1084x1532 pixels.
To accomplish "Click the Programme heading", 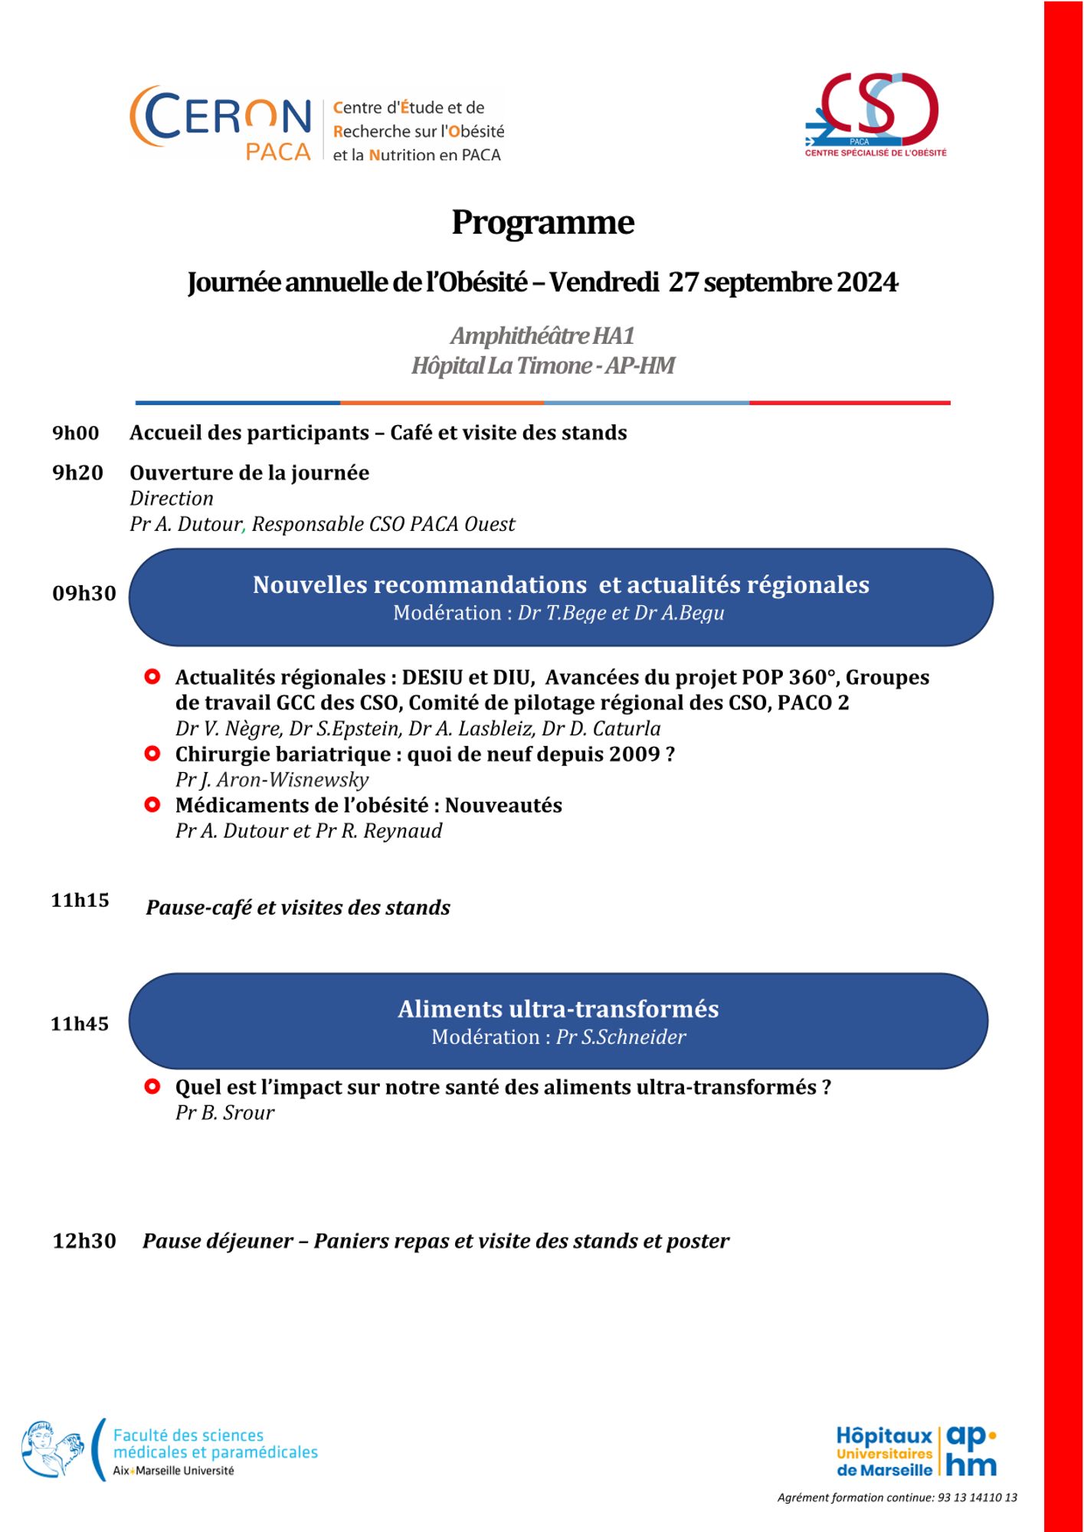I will pyautogui.click(x=542, y=223).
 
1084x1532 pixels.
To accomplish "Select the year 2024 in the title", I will pyautogui.click(x=867, y=283).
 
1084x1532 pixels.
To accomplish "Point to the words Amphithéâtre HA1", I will pyautogui.click(x=542, y=336).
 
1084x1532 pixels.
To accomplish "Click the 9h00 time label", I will pyautogui.click(x=76, y=434).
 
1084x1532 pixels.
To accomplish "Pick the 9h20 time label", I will pyautogui.click(x=77, y=473).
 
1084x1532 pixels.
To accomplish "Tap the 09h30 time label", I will pyautogui.click(x=84, y=594).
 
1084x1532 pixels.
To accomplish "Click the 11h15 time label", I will pyautogui.click(x=80, y=901).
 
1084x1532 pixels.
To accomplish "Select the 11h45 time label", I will pyautogui.click(x=80, y=1024).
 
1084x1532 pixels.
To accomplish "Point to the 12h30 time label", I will pyautogui.click(x=84, y=1241).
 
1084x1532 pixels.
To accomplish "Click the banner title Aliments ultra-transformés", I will pyautogui.click(x=558, y=1010).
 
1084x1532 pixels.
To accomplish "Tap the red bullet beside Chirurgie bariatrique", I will pyautogui.click(x=152, y=754).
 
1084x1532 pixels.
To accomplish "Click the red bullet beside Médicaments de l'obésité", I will pyautogui.click(x=152, y=805).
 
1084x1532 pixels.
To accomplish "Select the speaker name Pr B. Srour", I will pyautogui.click(x=224, y=1113).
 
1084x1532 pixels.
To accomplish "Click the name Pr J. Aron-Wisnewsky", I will pyautogui.click(x=272, y=780).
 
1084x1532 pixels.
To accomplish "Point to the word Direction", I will pyautogui.click(x=172, y=499).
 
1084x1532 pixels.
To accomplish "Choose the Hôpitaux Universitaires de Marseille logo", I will pyautogui.click(x=916, y=1452).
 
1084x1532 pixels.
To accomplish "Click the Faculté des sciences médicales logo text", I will pyautogui.click(x=215, y=1445).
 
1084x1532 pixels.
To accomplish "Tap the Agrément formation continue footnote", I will pyautogui.click(x=897, y=1498).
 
